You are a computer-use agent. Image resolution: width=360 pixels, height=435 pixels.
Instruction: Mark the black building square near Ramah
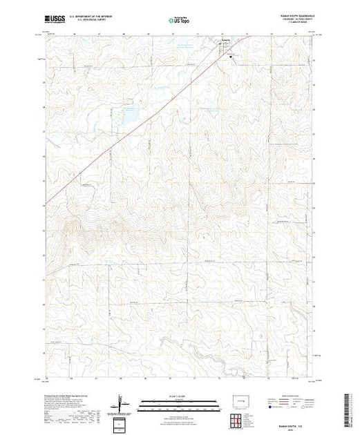[231, 57]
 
